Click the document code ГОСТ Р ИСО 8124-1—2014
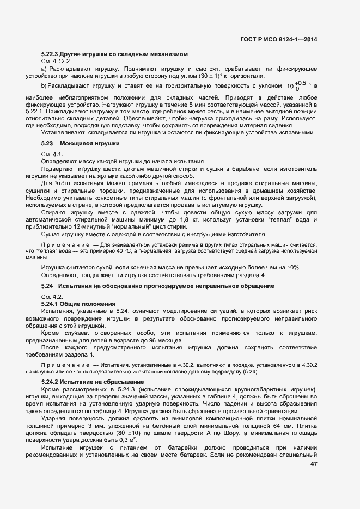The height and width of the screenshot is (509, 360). (278, 39)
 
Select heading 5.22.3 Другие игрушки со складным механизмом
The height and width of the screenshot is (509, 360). (115, 54)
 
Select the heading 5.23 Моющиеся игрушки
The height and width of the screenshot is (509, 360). (80, 143)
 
